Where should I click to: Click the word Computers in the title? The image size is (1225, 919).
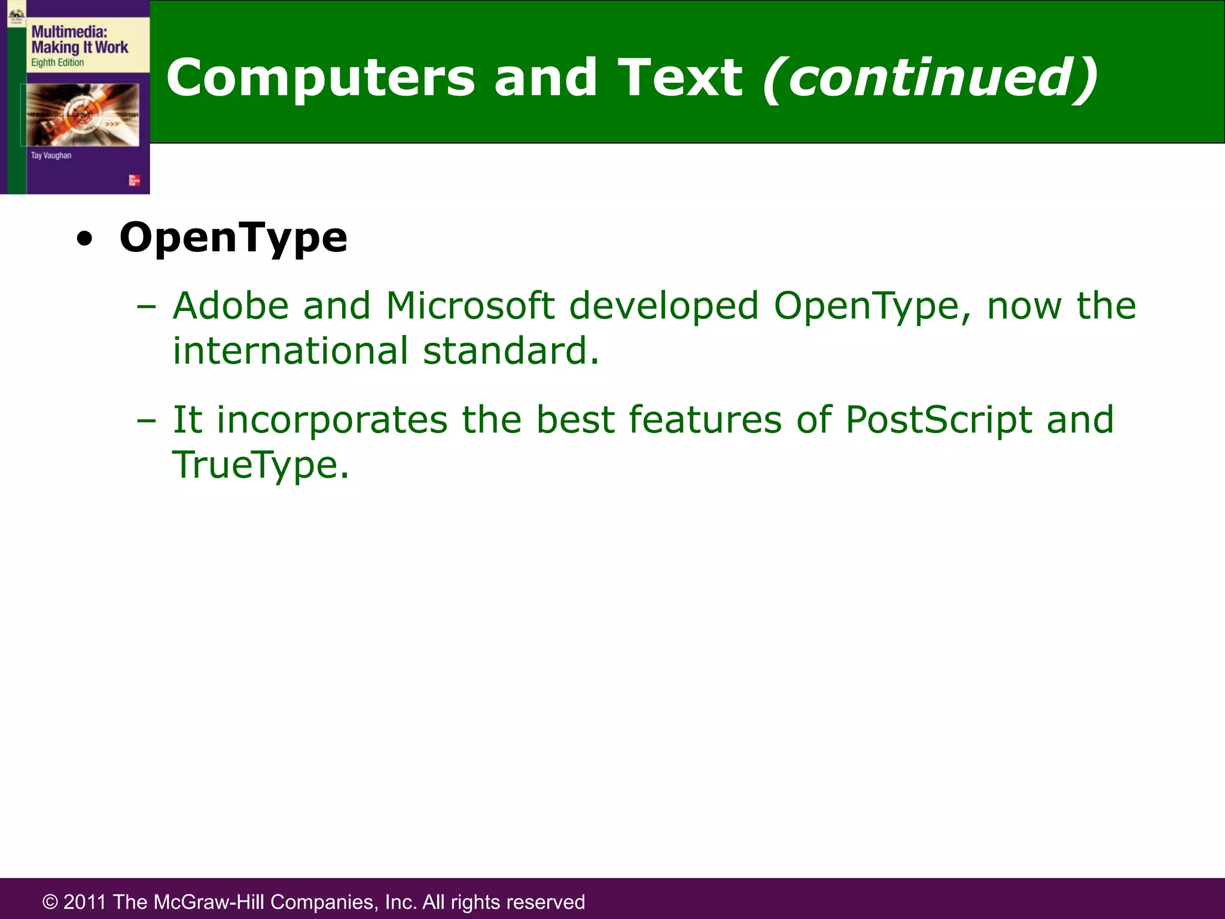(x=321, y=78)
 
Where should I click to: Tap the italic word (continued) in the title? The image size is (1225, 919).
(x=931, y=78)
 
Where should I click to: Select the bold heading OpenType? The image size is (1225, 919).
(x=233, y=238)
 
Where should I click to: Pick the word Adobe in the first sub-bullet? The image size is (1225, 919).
(x=231, y=306)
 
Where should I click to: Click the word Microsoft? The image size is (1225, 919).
(x=470, y=306)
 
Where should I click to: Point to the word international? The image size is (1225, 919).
(x=291, y=351)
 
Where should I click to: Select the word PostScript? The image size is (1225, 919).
(x=938, y=419)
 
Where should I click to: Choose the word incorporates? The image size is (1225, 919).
(x=332, y=419)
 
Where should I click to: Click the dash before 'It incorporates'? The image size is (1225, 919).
(x=146, y=421)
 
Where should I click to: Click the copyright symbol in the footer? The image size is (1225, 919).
(x=50, y=902)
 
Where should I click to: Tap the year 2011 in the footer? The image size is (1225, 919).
(x=85, y=902)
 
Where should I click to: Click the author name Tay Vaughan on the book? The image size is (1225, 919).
(x=51, y=156)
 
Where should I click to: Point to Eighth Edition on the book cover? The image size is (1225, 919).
(x=57, y=63)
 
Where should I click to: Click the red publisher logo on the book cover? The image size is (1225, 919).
(x=134, y=180)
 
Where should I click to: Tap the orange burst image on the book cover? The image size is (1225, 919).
(x=83, y=114)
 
